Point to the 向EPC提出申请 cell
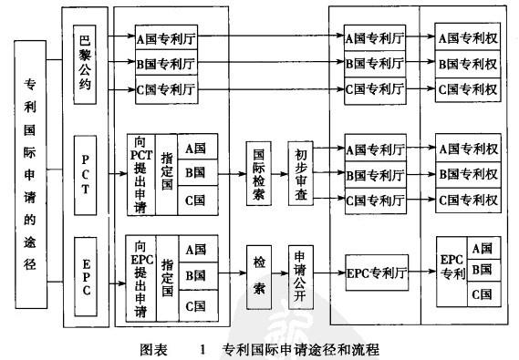pyautogui.click(x=140, y=274)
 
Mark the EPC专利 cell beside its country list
pyautogui.click(x=452, y=272)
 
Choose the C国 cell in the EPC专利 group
pyautogui.click(x=483, y=295)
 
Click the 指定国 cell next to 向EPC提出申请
pyautogui.click(x=167, y=274)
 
